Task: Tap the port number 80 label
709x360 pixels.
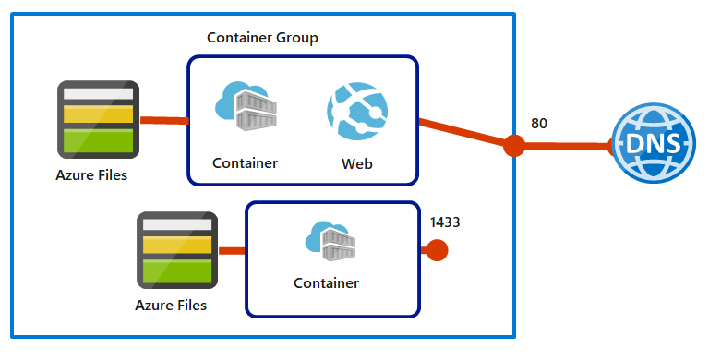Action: (540, 122)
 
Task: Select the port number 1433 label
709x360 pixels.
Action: (445, 222)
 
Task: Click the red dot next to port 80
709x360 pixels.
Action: (514, 145)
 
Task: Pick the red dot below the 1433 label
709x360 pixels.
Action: (437, 250)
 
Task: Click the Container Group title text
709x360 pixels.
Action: (263, 38)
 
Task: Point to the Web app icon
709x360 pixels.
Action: (355, 111)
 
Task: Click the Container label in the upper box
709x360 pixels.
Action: (245, 163)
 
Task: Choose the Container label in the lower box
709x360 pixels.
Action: (326, 282)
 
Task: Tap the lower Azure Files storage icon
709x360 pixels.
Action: (177, 250)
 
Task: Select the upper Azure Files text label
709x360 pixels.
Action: (91, 174)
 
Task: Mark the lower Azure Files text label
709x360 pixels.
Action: (171, 305)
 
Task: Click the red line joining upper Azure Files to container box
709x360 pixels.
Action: (163, 121)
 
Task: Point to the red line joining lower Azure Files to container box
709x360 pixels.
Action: (231, 250)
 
